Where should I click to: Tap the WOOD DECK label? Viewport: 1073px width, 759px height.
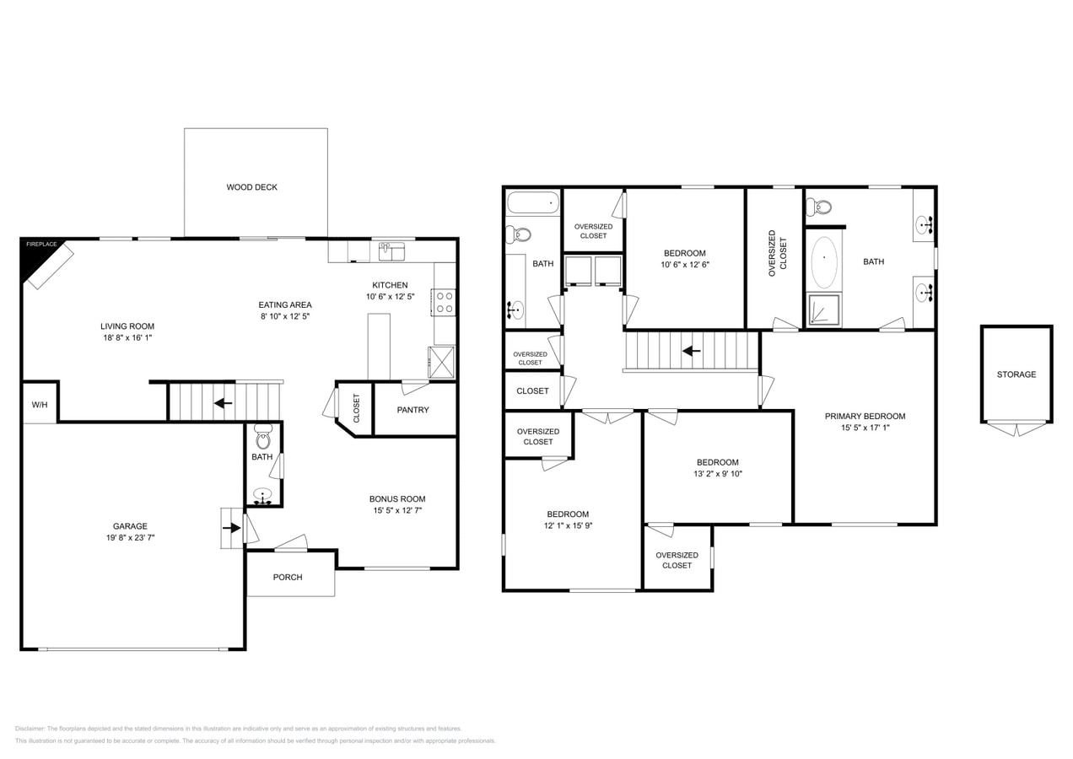click(x=251, y=187)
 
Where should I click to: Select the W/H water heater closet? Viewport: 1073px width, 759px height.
click(x=40, y=405)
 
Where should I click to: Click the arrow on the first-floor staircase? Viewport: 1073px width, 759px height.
click(x=223, y=403)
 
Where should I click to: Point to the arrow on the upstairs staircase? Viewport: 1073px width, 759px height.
click(x=691, y=351)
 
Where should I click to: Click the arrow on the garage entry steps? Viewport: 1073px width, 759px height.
click(x=231, y=528)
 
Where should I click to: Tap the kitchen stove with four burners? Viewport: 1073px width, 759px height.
click(x=445, y=303)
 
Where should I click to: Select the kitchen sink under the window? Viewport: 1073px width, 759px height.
click(x=391, y=251)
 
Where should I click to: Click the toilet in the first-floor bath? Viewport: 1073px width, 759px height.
click(x=262, y=439)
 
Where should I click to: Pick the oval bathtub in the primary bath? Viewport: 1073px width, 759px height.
click(x=824, y=262)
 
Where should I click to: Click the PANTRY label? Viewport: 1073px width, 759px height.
click(x=412, y=410)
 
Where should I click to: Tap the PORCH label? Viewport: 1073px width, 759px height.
click(x=288, y=577)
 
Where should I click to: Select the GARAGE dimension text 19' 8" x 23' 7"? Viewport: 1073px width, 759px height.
click(x=130, y=537)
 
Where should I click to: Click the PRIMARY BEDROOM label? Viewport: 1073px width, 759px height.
click(x=865, y=416)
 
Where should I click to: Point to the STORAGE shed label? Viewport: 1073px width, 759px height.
click(x=1016, y=374)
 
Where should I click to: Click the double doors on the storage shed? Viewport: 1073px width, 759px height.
click(x=1016, y=429)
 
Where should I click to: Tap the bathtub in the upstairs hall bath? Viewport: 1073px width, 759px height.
click(x=532, y=203)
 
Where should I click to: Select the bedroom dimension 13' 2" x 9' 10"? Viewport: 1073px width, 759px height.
click(x=717, y=474)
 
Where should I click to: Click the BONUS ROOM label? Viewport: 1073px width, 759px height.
click(x=397, y=498)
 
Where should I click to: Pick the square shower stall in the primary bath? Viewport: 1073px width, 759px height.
click(x=824, y=310)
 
